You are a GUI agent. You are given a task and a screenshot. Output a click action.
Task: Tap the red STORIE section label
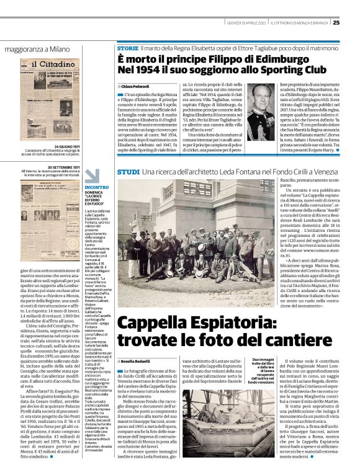[x=127, y=48]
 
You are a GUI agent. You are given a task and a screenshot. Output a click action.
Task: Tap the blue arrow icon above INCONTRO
[x=91, y=175]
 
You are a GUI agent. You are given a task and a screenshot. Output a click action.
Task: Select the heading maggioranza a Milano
[x=37, y=48]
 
